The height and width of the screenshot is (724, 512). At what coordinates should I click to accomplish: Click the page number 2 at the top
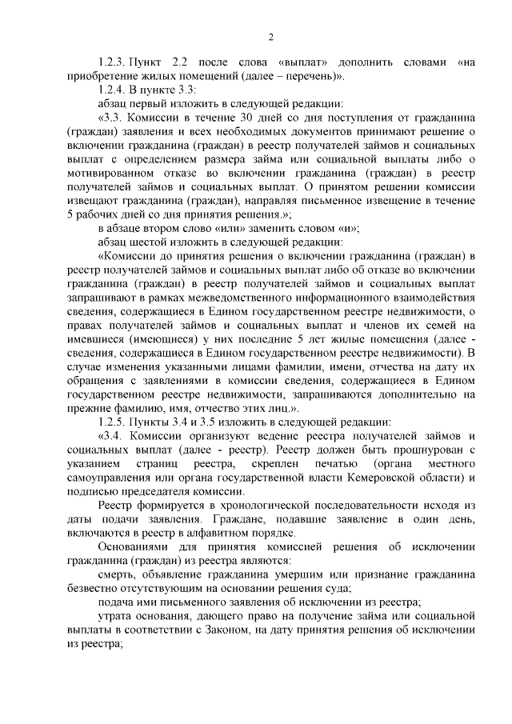271,37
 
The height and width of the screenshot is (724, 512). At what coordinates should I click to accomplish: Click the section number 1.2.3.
112,62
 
